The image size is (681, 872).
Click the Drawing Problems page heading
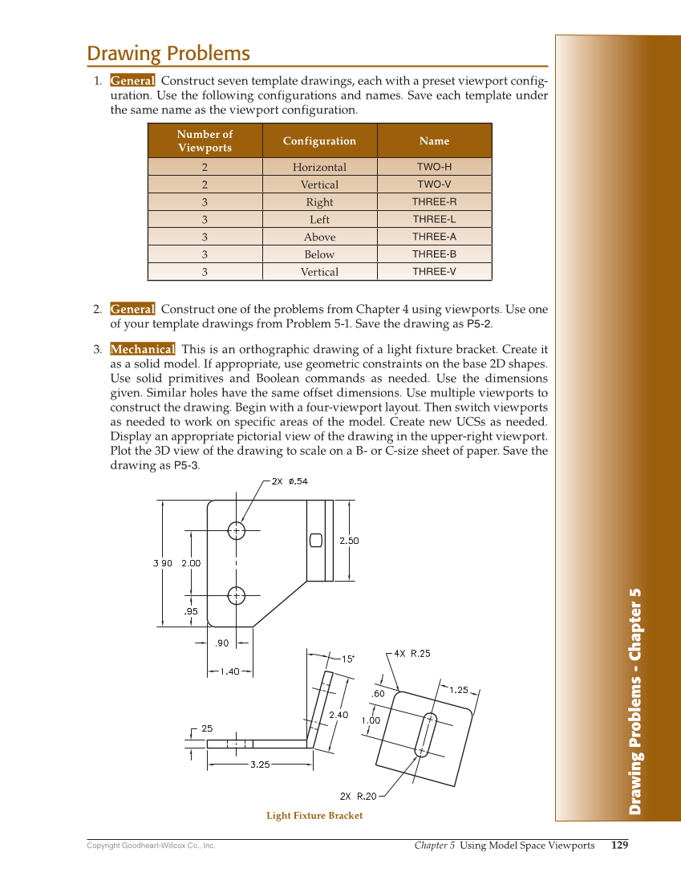pyautogui.click(x=168, y=54)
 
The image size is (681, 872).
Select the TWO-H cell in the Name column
pyautogui.click(x=434, y=167)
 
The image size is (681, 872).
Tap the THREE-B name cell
pyautogui.click(x=434, y=254)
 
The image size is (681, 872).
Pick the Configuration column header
pyautogui.click(x=319, y=141)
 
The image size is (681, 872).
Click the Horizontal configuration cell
pyautogui.click(x=319, y=167)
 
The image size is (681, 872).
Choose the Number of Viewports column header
pyautogui.click(x=205, y=141)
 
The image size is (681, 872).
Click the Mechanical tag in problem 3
pyautogui.click(x=142, y=350)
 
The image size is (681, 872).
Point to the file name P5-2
pyautogui.click(x=479, y=325)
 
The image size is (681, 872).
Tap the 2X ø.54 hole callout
pyautogui.click(x=290, y=481)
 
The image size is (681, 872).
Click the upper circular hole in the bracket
pyautogui.click(x=237, y=530)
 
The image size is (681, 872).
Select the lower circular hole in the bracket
pyautogui.click(x=237, y=595)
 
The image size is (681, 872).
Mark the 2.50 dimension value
pyautogui.click(x=349, y=541)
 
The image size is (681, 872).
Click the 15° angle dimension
pyautogui.click(x=348, y=659)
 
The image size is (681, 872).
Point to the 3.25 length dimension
pyautogui.click(x=259, y=765)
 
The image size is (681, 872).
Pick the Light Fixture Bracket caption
pyautogui.click(x=314, y=816)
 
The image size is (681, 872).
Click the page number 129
pyautogui.click(x=619, y=845)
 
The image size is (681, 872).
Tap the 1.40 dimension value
pyautogui.click(x=229, y=672)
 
